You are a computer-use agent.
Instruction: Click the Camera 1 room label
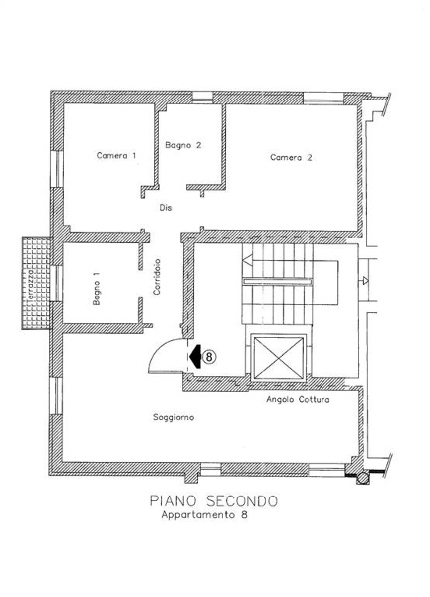tap(116, 156)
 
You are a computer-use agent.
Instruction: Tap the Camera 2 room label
tap(291, 157)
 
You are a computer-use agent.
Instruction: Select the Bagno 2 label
tap(183, 145)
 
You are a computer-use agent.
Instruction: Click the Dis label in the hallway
tap(165, 208)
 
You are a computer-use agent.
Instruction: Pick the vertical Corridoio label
tap(157, 277)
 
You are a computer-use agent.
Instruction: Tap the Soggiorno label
tap(173, 417)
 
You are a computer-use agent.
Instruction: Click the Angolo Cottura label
tap(298, 400)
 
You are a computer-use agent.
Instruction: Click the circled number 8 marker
tap(209, 357)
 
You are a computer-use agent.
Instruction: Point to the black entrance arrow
tap(195, 357)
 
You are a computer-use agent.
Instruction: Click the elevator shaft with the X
tap(279, 358)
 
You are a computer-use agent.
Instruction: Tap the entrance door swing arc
tap(158, 348)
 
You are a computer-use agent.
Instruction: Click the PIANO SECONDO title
tap(214, 501)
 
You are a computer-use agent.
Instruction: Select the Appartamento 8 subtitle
tap(204, 515)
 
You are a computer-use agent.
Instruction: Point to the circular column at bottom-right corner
tap(363, 478)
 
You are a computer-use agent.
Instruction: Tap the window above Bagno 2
tap(202, 98)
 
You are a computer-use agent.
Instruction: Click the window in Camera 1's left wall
tap(57, 169)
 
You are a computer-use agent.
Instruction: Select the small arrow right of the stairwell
tap(365, 281)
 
